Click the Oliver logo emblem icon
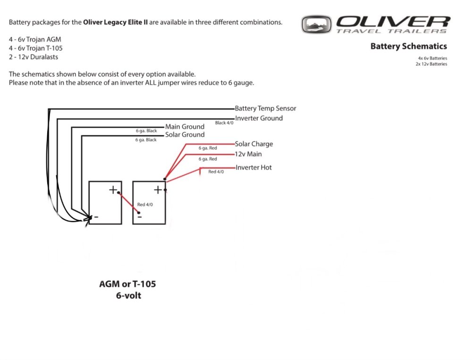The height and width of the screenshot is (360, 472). (x=317, y=24)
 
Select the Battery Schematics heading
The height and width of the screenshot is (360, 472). (x=408, y=46)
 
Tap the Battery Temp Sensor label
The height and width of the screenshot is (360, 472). (x=265, y=109)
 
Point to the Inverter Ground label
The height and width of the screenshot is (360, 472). (x=259, y=118)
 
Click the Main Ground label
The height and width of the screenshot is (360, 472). (x=185, y=127)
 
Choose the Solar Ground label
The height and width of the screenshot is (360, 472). (x=185, y=135)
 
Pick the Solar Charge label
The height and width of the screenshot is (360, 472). (x=254, y=144)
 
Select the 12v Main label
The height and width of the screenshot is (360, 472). (x=248, y=154)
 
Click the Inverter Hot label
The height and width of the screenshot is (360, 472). (x=253, y=168)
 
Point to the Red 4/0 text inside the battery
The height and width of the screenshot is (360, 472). (x=145, y=205)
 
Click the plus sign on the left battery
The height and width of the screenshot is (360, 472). (x=113, y=189)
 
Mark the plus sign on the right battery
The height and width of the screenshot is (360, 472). (x=158, y=189)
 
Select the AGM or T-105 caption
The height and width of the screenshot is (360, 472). (x=127, y=284)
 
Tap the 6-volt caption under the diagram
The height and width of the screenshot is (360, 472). (x=128, y=296)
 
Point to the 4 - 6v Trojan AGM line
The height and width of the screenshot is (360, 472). (x=35, y=39)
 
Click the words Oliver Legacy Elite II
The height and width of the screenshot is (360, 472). (x=115, y=22)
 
